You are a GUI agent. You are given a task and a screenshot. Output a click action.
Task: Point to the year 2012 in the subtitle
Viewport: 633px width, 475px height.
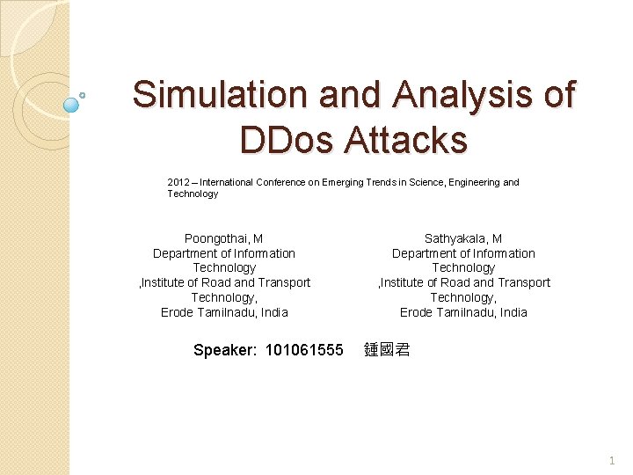coord(178,182)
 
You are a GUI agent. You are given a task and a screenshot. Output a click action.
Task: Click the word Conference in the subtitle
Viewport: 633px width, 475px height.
coord(283,182)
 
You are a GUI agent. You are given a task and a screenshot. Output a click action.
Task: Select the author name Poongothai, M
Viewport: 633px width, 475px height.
coord(223,238)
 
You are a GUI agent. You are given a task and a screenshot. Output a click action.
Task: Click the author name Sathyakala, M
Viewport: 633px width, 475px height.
coord(463,238)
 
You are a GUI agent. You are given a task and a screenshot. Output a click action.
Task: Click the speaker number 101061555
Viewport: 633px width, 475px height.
coord(304,350)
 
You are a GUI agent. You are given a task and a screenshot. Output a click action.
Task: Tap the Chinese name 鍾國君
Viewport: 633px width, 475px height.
coord(387,350)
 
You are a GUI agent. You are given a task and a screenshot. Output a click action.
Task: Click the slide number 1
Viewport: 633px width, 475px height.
coord(611,460)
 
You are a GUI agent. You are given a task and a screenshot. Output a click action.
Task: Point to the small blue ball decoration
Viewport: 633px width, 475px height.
coord(72,105)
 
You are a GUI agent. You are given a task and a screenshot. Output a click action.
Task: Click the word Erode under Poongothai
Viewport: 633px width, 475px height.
coord(178,312)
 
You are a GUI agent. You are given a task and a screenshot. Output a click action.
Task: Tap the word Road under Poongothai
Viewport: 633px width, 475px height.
coord(215,282)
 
